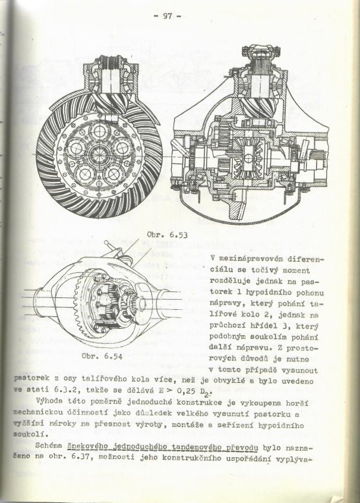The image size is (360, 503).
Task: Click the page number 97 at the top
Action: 167,15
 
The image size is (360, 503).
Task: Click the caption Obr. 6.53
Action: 167,235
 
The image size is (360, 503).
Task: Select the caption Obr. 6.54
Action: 102,356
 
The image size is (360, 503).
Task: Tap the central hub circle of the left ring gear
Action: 99,155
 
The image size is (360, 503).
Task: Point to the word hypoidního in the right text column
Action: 266,293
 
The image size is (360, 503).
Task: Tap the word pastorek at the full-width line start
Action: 27,379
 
